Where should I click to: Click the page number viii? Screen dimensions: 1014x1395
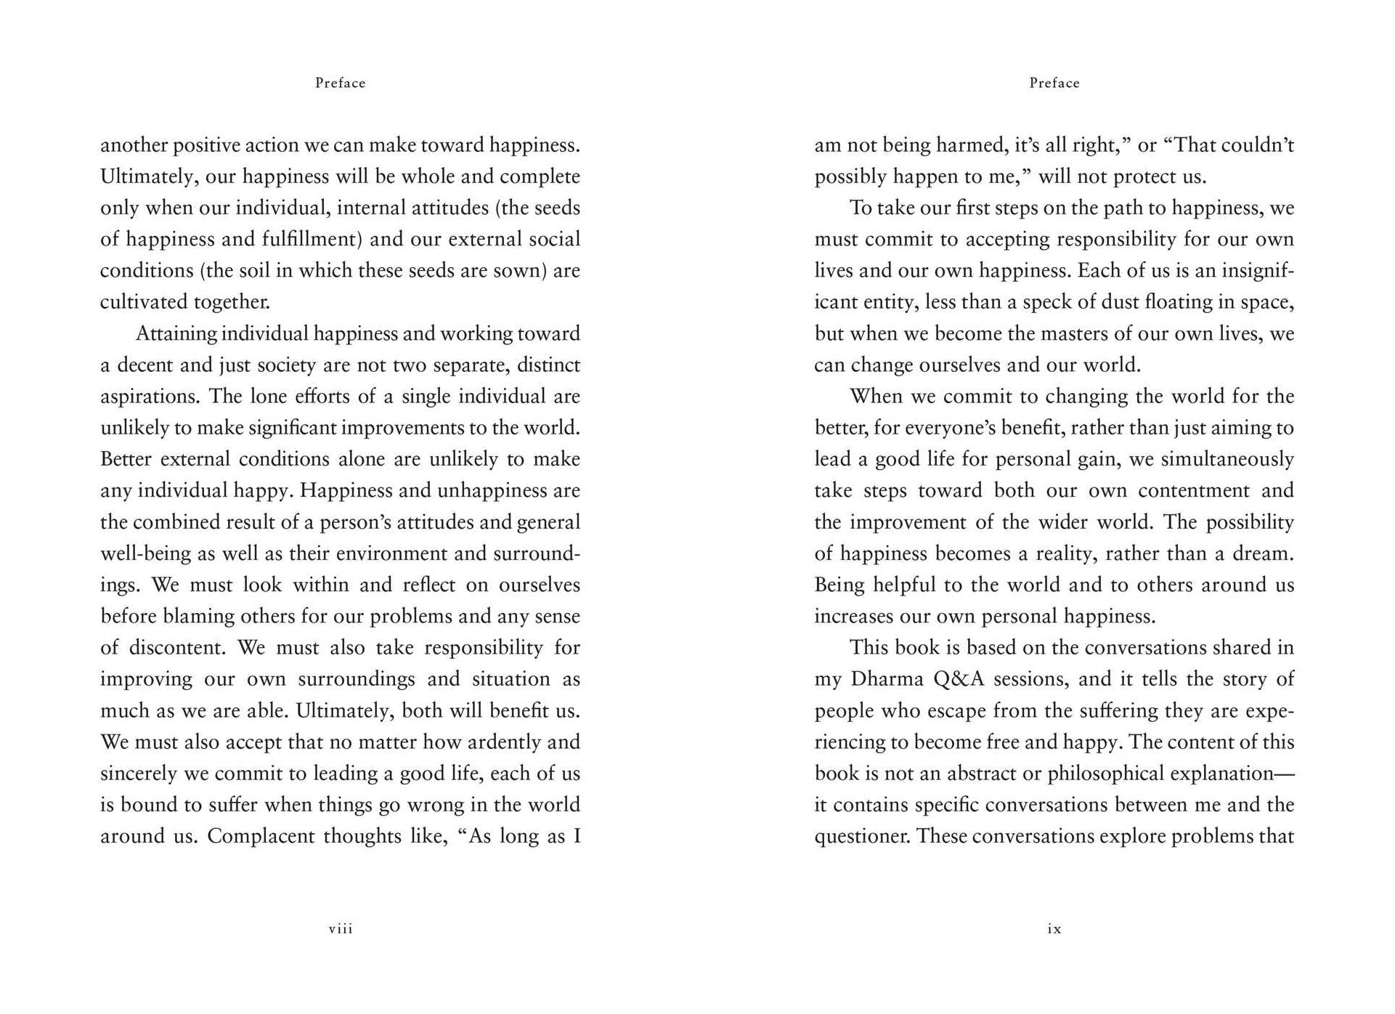tap(341, 928)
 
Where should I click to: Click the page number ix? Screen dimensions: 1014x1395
tap(1054, 928)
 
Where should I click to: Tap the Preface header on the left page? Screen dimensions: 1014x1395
tap(340, 83)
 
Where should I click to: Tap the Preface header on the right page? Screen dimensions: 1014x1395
tap(1054, 83)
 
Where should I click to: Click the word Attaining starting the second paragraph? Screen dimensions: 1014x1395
tap(176, 334)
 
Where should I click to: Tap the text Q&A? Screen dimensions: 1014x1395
tap(959, 679)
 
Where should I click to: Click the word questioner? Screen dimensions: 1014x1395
tap(862, 837)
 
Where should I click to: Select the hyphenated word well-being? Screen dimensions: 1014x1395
tap(146, 553)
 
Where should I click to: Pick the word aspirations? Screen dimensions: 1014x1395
tap(150, 397)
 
